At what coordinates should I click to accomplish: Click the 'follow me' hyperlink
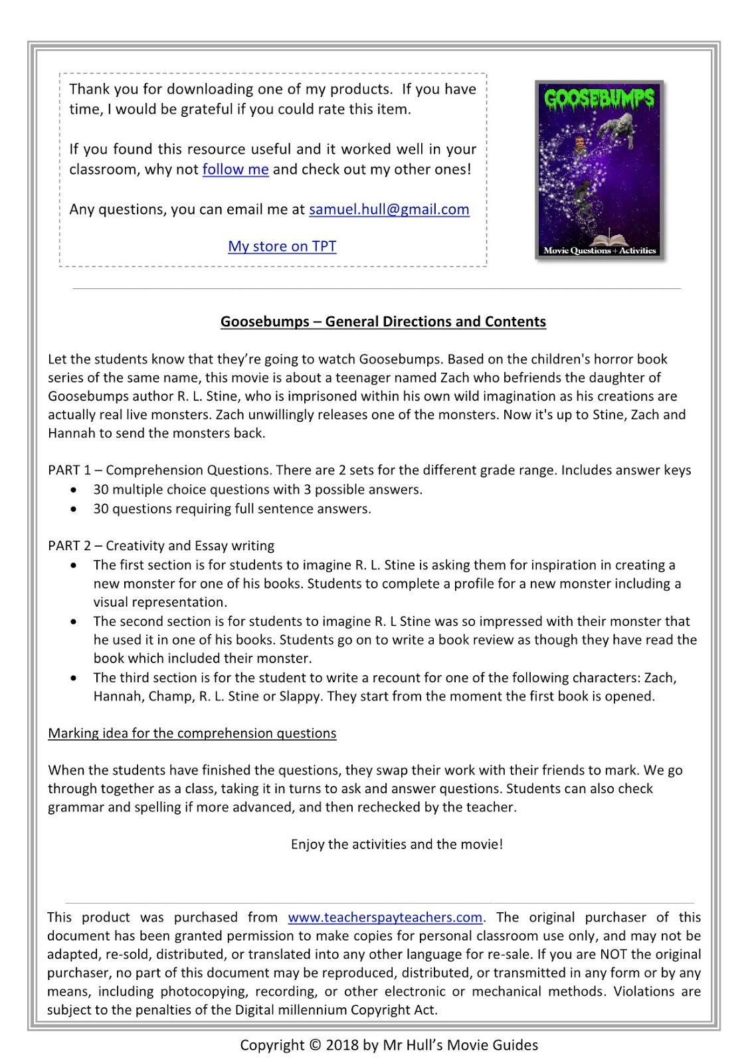pos(235,169)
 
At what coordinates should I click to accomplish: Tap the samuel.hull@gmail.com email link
pos(389,209)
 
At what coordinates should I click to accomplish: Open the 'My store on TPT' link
pos(282,246)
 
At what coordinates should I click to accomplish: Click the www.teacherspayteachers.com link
pos(385,918)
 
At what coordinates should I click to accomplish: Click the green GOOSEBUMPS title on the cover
pos(599,100)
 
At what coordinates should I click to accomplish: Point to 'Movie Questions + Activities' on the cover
pos(599,250)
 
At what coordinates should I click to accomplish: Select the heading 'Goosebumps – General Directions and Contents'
pos(383,322)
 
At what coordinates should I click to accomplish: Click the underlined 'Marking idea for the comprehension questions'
pos(192,733)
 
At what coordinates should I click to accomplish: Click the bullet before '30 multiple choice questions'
pos(74,490)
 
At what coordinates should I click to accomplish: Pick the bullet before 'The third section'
pos(74,678)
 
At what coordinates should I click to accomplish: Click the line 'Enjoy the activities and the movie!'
pos(397,844)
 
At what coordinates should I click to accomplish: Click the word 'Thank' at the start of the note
pos(88,90)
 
